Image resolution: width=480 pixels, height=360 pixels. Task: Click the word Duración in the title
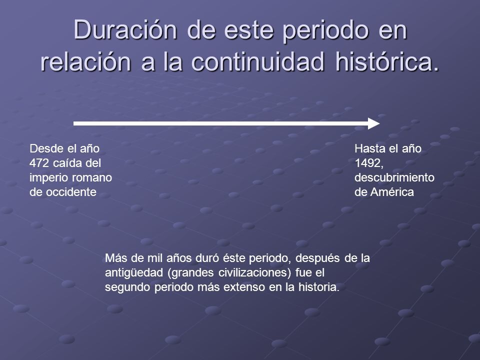click(125, 29)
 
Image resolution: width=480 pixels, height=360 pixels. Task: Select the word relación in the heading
click(85, 61)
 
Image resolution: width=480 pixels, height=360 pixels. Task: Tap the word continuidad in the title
click(257, 61)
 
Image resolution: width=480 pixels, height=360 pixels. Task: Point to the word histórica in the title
click(387, 61)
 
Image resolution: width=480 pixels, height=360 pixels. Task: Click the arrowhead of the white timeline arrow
click(374, 123)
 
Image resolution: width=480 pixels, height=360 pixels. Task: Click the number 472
click(39, 163)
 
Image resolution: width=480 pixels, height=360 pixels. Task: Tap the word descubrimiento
click(394, 177)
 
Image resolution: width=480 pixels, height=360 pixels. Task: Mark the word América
click(392, 192)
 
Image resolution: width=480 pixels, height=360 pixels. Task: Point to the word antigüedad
click(134, 272)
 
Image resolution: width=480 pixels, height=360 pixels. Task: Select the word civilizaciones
click(254, 272)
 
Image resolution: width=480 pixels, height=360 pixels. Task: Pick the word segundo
click(128, 287)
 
